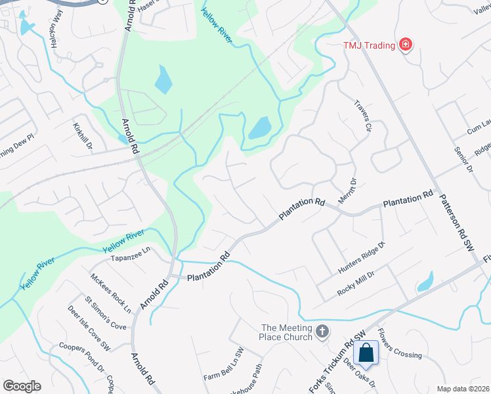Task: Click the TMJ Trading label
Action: click(x=369, y=45)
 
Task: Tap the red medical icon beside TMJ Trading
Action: click(x=406, y=45)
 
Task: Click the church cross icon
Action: click(x=322, y=332)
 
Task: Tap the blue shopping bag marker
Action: click(x=366, y=353)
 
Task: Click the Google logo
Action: click(x=22, y=386)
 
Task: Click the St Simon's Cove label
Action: click(x=105, y=316)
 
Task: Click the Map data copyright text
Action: click(x=462, y=389)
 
